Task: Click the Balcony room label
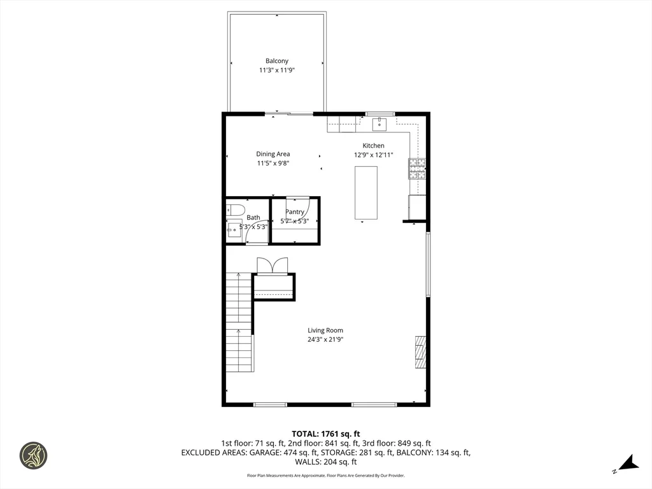[277, 61]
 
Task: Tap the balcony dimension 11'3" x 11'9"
[277, 71]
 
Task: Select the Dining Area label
[273, 154]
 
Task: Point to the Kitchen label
[374, 146]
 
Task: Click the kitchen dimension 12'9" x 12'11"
[374, 155]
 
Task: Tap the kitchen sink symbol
[379, 124]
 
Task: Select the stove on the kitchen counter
[417, 168]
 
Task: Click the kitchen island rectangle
[366, 192]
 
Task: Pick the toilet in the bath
[236, 209]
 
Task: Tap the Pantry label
[295, 212]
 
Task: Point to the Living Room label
[325, 330]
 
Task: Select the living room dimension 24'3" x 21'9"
[325, 339]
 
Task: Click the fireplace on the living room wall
[420, 351]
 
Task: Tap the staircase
[239, 322]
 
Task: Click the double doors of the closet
[273, 266]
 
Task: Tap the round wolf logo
[33, 456]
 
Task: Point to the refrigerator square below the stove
[417, 206]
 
